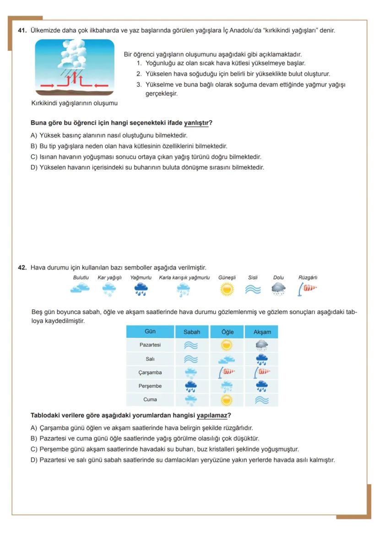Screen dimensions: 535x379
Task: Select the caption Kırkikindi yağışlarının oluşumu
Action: tap(75, 103)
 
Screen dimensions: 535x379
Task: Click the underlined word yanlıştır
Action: tap(196, 123)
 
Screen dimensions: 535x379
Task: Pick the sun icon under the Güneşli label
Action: tap(227, 289)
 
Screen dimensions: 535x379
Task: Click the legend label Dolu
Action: tap(278, 277)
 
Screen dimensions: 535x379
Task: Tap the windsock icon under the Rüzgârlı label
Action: tap(308, 288)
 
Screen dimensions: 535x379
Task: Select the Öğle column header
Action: tap(227, 332)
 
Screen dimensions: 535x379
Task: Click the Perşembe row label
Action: tap(150, 386)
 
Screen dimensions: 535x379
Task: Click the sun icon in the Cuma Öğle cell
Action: tap(227, 400)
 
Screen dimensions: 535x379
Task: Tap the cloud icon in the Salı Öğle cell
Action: tap(227, 360)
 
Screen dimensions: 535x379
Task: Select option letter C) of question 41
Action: tap(34, 157)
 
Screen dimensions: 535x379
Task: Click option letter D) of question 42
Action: tap(34, 460)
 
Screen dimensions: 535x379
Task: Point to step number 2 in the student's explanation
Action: tap(139, 74)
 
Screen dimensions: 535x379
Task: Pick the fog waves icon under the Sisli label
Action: tap(253, 290)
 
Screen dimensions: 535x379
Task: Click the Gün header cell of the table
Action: tap(150, 331)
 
